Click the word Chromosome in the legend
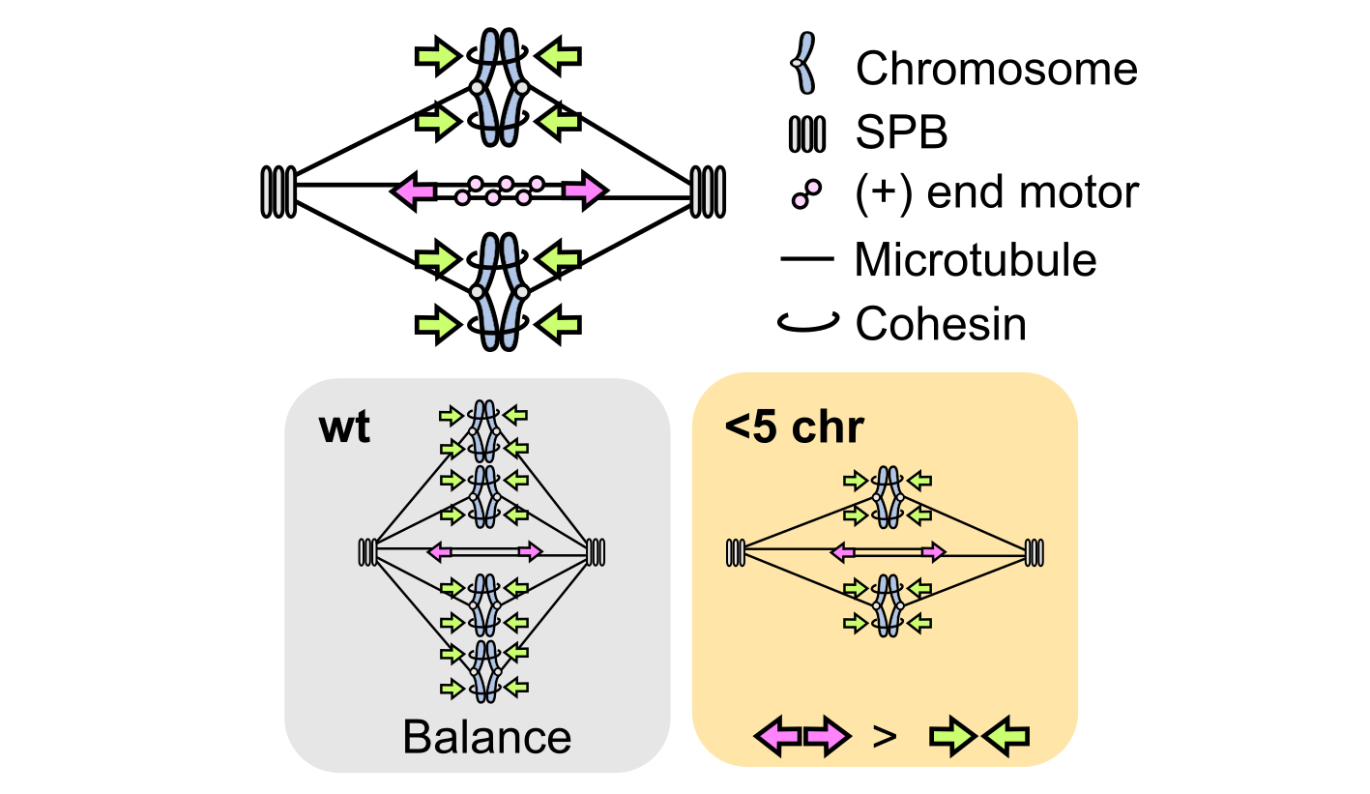996,70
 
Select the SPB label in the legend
901,133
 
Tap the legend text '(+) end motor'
997,193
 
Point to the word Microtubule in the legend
976,260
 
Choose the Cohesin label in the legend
940,324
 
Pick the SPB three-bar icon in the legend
807,133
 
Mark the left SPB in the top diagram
278,191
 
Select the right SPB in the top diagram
708,191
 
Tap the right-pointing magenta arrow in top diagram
586,191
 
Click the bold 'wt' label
344,426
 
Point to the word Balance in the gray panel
486,737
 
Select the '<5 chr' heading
794,426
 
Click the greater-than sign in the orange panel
884,737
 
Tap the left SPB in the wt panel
367,552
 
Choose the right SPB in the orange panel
1035,552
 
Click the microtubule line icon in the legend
806,260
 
